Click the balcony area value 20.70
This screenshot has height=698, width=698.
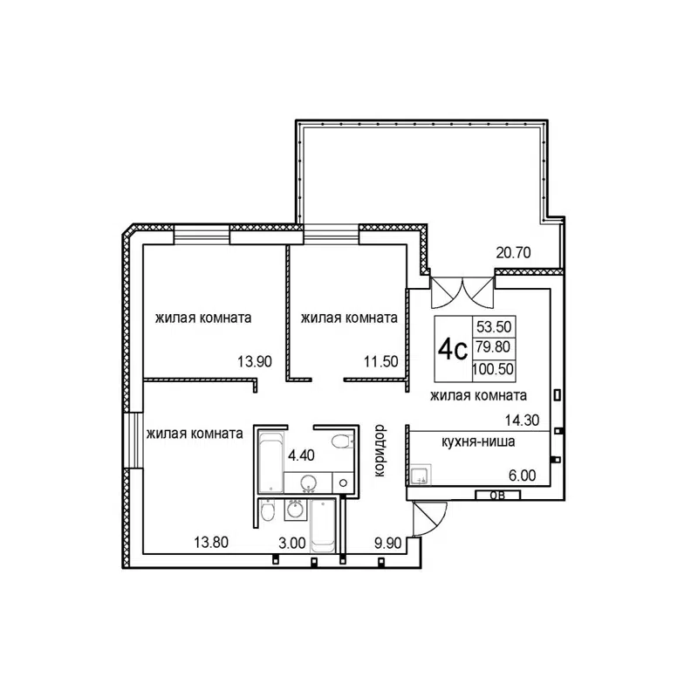tap(514, 254)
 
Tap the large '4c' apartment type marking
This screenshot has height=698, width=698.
tap(452, 350)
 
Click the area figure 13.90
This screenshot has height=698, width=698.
tap(254, 360)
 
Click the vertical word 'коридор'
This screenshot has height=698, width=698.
tap(380, 449)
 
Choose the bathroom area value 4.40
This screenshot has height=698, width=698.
tap(300, 455)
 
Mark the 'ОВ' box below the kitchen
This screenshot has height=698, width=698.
tap(496, 496)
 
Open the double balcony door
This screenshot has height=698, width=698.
tap(463, 291)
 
